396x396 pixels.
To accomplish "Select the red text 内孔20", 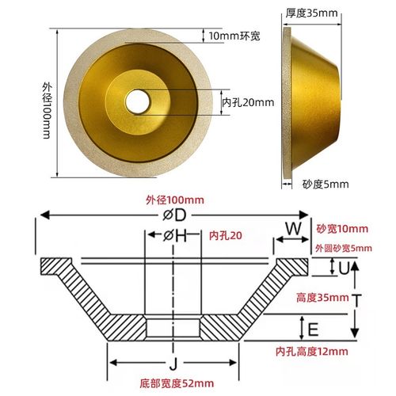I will coord(225,237).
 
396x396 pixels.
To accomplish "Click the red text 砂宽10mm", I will coord(342,229).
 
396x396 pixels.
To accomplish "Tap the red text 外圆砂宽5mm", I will coord(343,248).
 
